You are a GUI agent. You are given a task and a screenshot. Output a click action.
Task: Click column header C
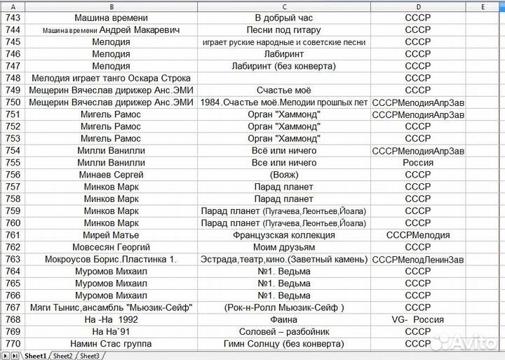click(283, 6)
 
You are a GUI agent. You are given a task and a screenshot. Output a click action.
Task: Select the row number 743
click(13, 18)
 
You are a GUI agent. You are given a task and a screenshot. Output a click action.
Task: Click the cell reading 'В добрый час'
click(283, 18)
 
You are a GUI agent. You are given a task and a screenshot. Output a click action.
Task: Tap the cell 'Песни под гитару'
click(283, 29)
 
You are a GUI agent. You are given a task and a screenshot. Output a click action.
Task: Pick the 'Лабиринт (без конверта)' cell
click(283, 66)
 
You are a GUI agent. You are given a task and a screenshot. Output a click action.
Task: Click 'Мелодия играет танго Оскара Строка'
click(111, 78)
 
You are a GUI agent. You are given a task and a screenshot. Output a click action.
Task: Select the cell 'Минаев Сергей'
click(111, 175)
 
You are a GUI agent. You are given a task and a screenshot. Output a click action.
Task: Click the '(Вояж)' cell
click(283, 175)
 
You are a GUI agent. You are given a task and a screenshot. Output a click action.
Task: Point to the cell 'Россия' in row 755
click(418, 163)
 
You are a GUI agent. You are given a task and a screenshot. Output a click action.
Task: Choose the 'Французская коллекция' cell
click(283, 235)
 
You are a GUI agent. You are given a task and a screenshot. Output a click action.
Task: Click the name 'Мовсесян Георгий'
click(111, 247)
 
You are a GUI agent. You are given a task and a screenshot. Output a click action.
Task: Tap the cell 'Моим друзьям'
click(283, 247)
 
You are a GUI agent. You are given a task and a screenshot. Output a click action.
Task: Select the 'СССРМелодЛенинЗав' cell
click(418, 260)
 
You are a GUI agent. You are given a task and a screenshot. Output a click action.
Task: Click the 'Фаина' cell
click(283, 320)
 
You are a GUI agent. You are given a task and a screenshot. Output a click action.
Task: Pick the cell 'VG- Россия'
click(418, 320)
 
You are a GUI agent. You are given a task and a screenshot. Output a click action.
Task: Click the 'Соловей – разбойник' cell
click(283, 332)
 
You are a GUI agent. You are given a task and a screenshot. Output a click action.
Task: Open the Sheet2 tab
click(62, 356)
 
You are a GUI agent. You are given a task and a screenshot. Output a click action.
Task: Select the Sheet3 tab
click(89, 356)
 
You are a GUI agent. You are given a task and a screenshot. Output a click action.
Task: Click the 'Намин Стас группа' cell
click(111, 344)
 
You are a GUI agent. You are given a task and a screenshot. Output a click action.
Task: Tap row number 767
click(13, 307)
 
